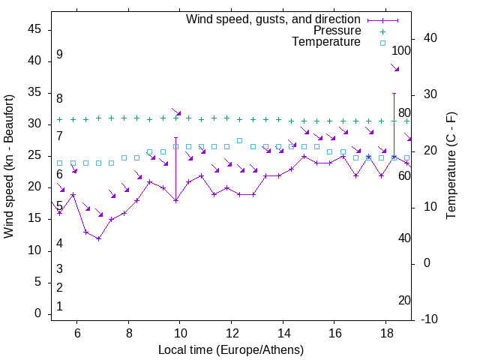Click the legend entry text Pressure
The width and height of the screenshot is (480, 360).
point(337,31)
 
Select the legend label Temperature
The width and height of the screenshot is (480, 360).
point(326,42)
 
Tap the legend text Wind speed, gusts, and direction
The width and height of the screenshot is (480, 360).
point(273,19)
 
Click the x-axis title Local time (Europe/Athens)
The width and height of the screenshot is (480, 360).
point(232,349)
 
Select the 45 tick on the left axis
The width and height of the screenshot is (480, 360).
point(35,28)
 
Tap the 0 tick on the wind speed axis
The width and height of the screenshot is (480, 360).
point(38,313)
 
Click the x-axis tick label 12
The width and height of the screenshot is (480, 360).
point(232,332)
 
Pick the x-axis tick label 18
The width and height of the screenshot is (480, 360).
point(385,332)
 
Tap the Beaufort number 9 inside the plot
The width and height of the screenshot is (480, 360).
point(59,55)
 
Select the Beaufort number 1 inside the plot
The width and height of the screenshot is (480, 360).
point(59,306)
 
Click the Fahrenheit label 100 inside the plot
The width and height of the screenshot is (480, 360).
point(402,51)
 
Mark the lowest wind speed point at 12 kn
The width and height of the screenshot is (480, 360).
point(98,238)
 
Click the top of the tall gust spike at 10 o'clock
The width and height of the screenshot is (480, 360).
point(175,138)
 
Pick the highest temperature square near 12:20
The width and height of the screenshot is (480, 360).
point(239,140)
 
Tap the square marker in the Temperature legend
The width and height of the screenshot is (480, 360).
point(382,43)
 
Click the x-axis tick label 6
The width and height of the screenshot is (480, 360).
point(77,332)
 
